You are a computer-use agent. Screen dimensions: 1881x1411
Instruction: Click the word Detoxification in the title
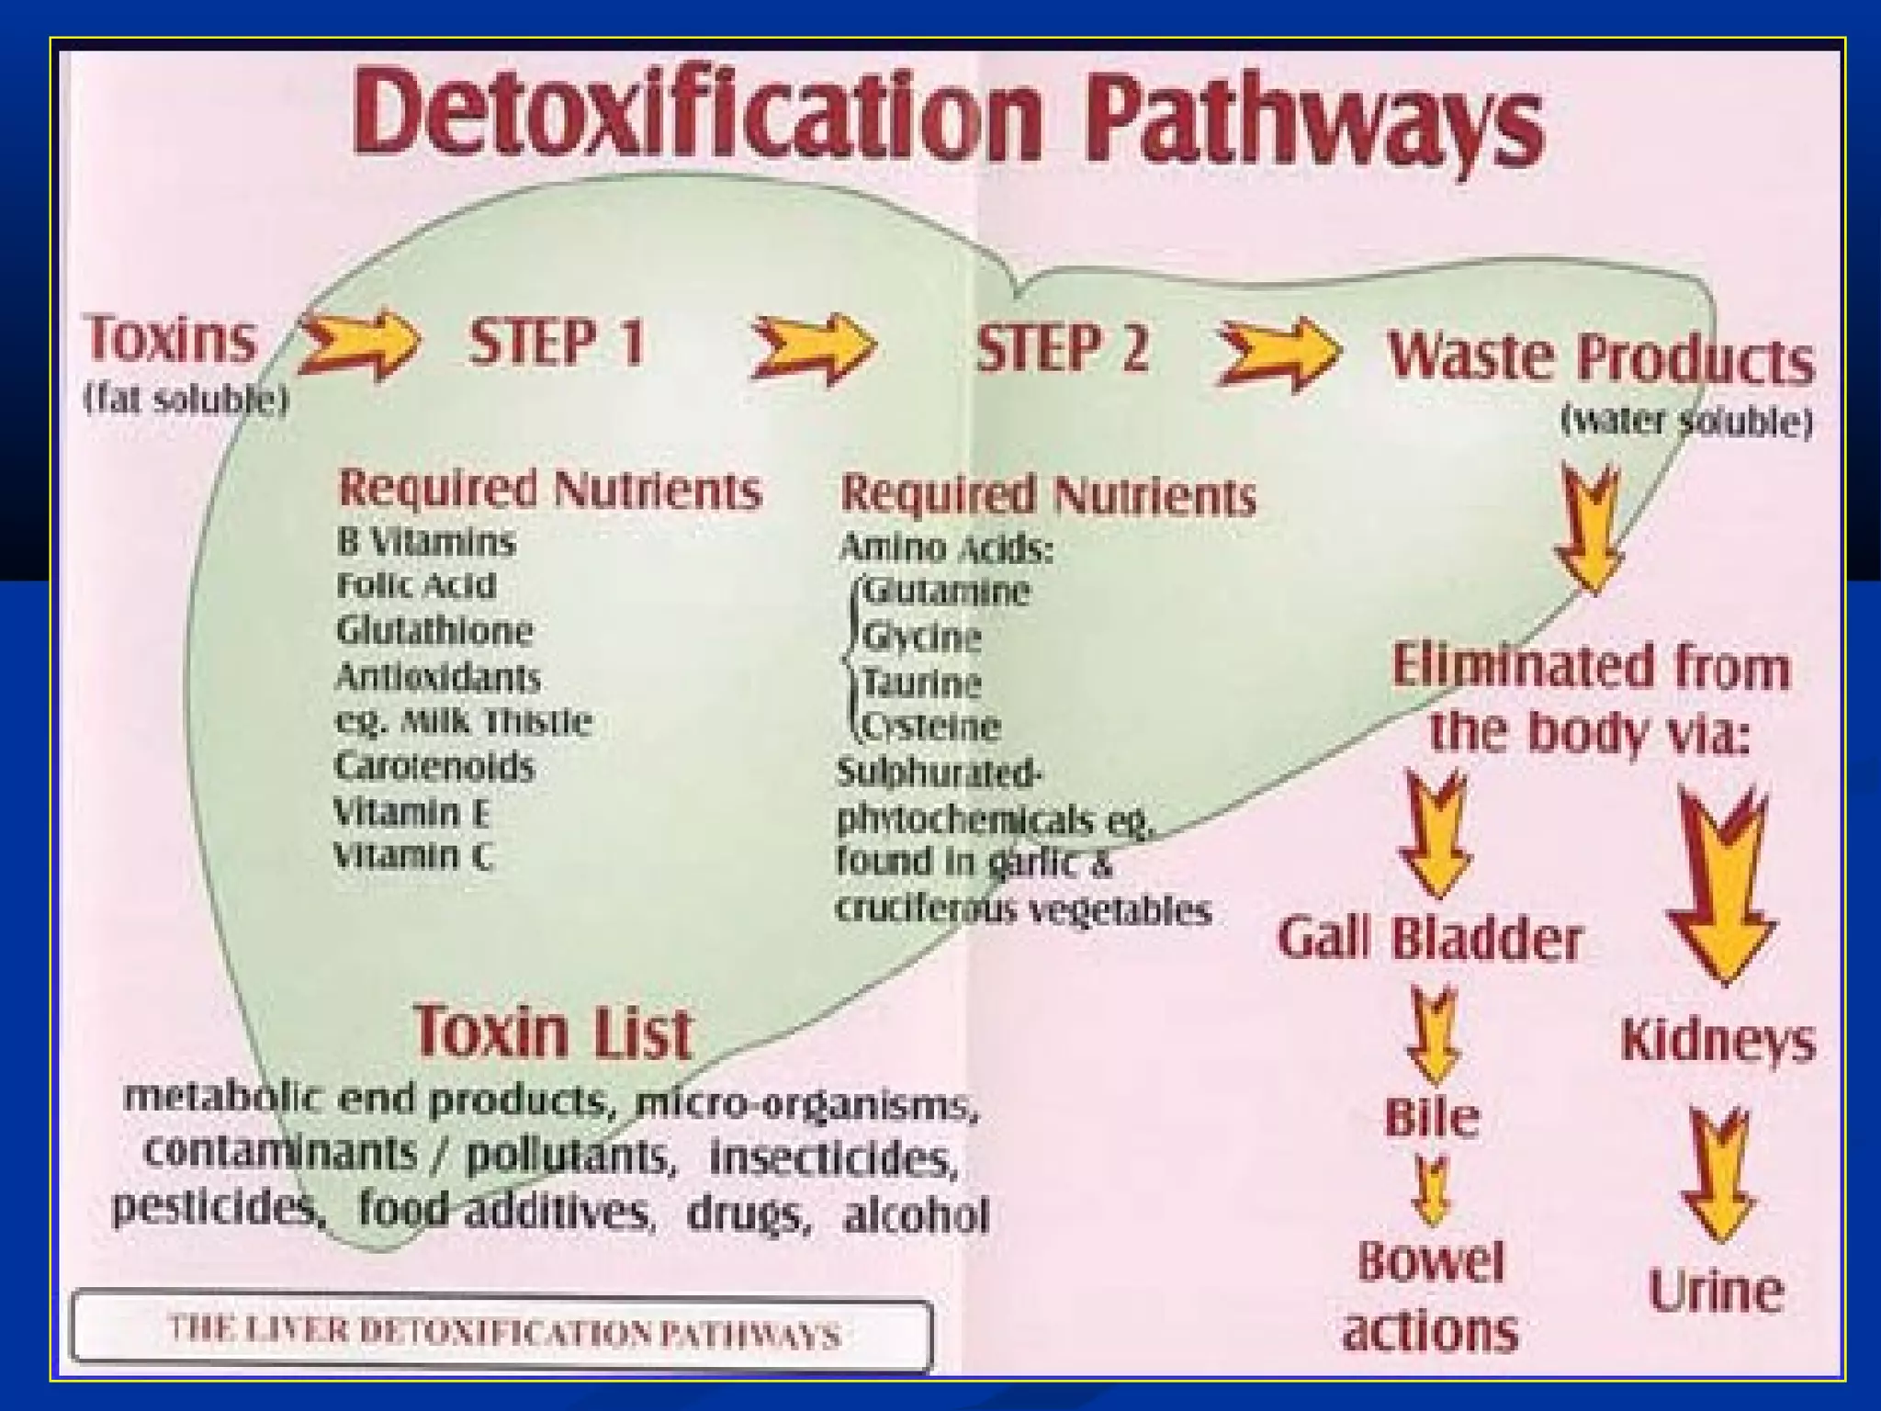[x=698, y=115]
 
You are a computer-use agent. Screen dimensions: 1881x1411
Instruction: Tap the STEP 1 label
[x=557, y=344]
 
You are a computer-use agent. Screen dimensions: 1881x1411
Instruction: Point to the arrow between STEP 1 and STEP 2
[x=813, y=347]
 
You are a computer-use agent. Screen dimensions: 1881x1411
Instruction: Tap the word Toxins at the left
[x=171, y=338]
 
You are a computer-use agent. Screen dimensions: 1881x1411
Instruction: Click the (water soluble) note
[x=1686, y=421]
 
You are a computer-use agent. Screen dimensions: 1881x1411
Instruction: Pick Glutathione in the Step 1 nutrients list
[x=434, y=630]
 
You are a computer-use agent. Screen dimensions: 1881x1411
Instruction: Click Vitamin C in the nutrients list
[x=412, y=856]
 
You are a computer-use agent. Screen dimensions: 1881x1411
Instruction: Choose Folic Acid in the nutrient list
[x=416, y=585]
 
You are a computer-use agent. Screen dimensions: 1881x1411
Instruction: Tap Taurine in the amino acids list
[x=921, y=683]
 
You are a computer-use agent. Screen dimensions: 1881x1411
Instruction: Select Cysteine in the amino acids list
[x=930, y=727]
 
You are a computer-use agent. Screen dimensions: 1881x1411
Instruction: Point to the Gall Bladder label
[x=1430, y=939]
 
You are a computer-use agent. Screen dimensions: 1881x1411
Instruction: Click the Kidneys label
[x=1718, y=1041]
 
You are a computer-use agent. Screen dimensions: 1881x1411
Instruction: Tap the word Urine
[x=1715, y=1291]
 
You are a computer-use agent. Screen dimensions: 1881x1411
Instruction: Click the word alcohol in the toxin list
[x=916, y=1215]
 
